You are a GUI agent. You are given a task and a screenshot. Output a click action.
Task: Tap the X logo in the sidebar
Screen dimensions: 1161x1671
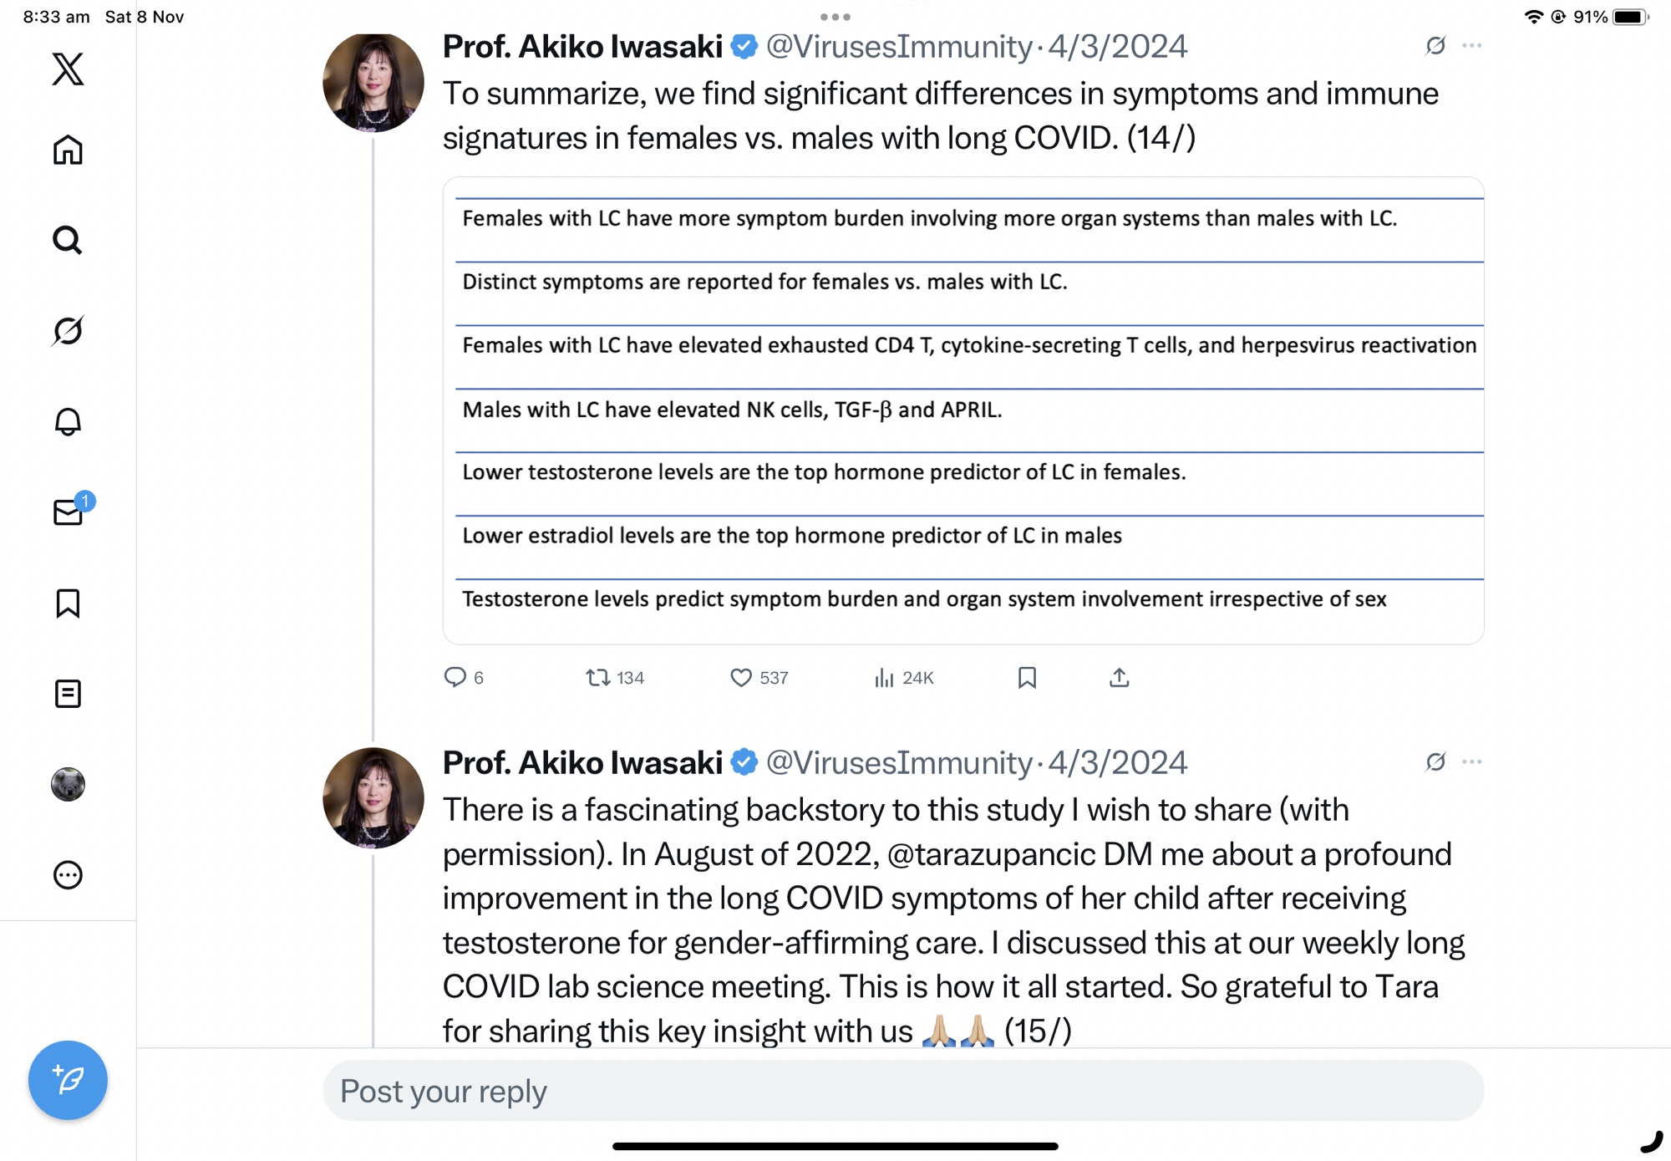click(x=68, y=69)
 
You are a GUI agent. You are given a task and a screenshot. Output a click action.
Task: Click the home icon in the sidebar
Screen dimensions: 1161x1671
click(x=68, y=150)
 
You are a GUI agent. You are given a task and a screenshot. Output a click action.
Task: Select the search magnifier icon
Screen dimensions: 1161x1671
click(x=68, y=241)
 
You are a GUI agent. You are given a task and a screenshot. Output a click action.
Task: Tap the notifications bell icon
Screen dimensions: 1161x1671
click(x=68, y=421)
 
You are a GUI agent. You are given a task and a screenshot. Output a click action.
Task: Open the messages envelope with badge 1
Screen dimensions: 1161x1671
click(x=68, y=512)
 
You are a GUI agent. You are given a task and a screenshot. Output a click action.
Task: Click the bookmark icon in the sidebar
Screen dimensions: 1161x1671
click(x=68, y=603)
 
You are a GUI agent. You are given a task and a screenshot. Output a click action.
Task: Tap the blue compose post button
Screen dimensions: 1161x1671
click(x=68, y=1079)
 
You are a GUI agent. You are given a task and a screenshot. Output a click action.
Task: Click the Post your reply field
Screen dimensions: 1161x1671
click(x=902, y=1091)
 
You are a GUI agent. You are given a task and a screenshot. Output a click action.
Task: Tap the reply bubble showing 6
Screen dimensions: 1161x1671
click(x=455, y=677)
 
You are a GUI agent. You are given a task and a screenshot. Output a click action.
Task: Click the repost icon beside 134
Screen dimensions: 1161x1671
click(x=597, y=677)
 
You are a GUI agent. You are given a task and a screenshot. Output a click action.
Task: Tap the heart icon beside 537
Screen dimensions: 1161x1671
click(x=740, y=677)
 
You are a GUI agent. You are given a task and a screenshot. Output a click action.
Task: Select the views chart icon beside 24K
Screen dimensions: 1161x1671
click(x=884, y=677)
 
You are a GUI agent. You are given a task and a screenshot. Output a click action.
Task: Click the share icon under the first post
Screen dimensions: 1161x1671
click(x=1119, y=677)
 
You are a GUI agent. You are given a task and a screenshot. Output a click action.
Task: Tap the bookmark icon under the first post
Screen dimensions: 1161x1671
click(x=1027, y=677)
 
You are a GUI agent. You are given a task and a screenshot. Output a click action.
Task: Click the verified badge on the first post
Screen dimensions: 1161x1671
click(x=744, y=47)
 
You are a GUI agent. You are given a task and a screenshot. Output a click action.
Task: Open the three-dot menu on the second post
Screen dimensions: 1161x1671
click(x=1471, y=761)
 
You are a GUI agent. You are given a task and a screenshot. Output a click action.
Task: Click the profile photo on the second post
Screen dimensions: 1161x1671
click(x=373, y=797)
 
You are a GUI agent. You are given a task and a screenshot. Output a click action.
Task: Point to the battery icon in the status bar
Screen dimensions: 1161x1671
click(x=1629, y=17)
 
